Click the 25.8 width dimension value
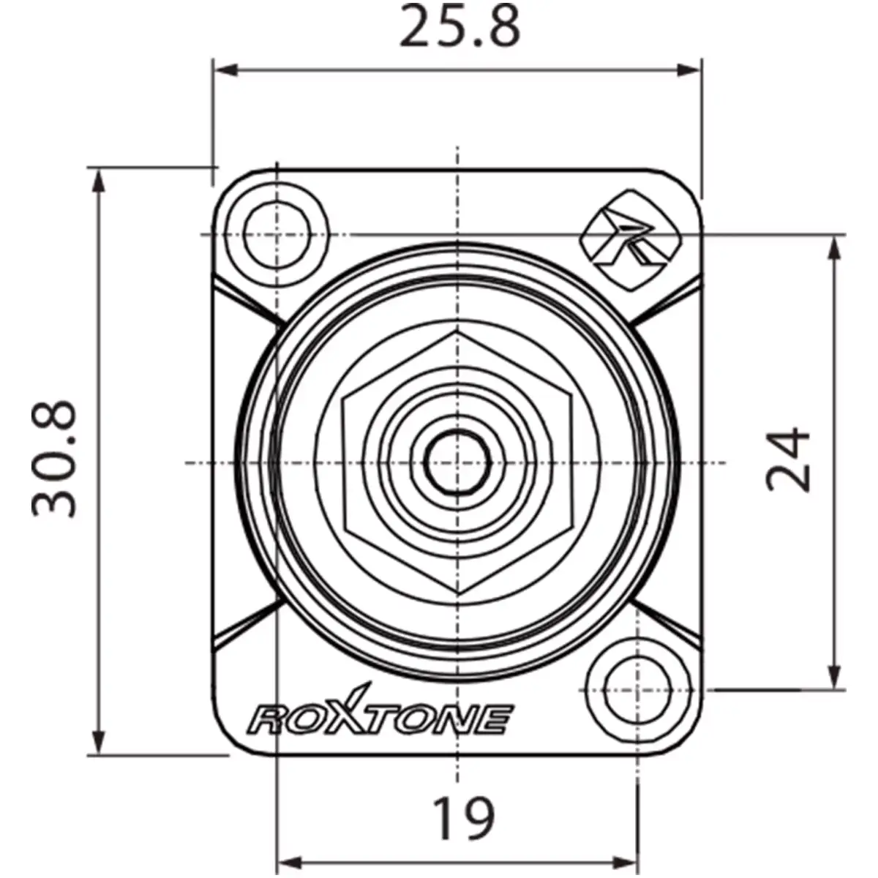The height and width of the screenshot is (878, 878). click(x=459, y=27)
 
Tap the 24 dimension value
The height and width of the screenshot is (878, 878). click(x=789, y=460)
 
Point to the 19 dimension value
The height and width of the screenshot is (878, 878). click(x=463, y=818)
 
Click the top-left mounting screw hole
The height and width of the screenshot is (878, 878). click(x=277, y=235)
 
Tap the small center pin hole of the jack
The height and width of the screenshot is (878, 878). click(x=457, y=462)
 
